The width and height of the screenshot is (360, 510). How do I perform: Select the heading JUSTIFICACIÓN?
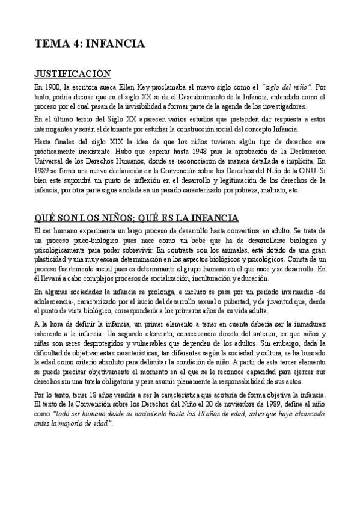click(x=72, y=74)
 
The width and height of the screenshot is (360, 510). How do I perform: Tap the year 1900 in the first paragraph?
click(x=53, y=87)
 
